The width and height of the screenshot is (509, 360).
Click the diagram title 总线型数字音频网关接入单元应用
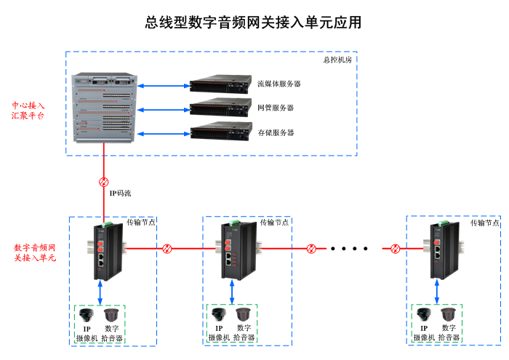pyautogui.click(x=254, y=23)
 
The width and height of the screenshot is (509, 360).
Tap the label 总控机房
pyautogui.click(x=337, y=60)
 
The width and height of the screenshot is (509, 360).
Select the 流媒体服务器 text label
pyautogui.click(x=279, y=84)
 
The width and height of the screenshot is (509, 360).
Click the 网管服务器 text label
pyautogui.click(x=276, y=108)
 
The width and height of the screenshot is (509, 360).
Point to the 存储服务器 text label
pyautogui.click(x=276, y=132)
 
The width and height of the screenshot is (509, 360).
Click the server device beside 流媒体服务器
pyautogui.click(x=220, y=84)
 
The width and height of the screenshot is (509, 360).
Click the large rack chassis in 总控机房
pyautogui.click(x=105, y=108)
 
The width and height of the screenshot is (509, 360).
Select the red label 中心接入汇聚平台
pyautogui.click(x=28, y=110)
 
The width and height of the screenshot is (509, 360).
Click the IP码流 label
pyautogui.click(x=120, y=193)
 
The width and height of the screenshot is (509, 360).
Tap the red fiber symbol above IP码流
pyautogui.click(x=103, y=181)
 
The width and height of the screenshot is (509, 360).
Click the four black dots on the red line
pyautogui.click(x=350, y=249)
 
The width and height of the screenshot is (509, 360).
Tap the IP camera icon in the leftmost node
pyautogui.click(x=87, y=316)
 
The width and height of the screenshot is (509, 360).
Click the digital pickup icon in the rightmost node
pyautogui.click(x=448, y=316)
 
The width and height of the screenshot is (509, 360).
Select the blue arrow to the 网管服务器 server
pyautogui.click(x=163, y=109)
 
